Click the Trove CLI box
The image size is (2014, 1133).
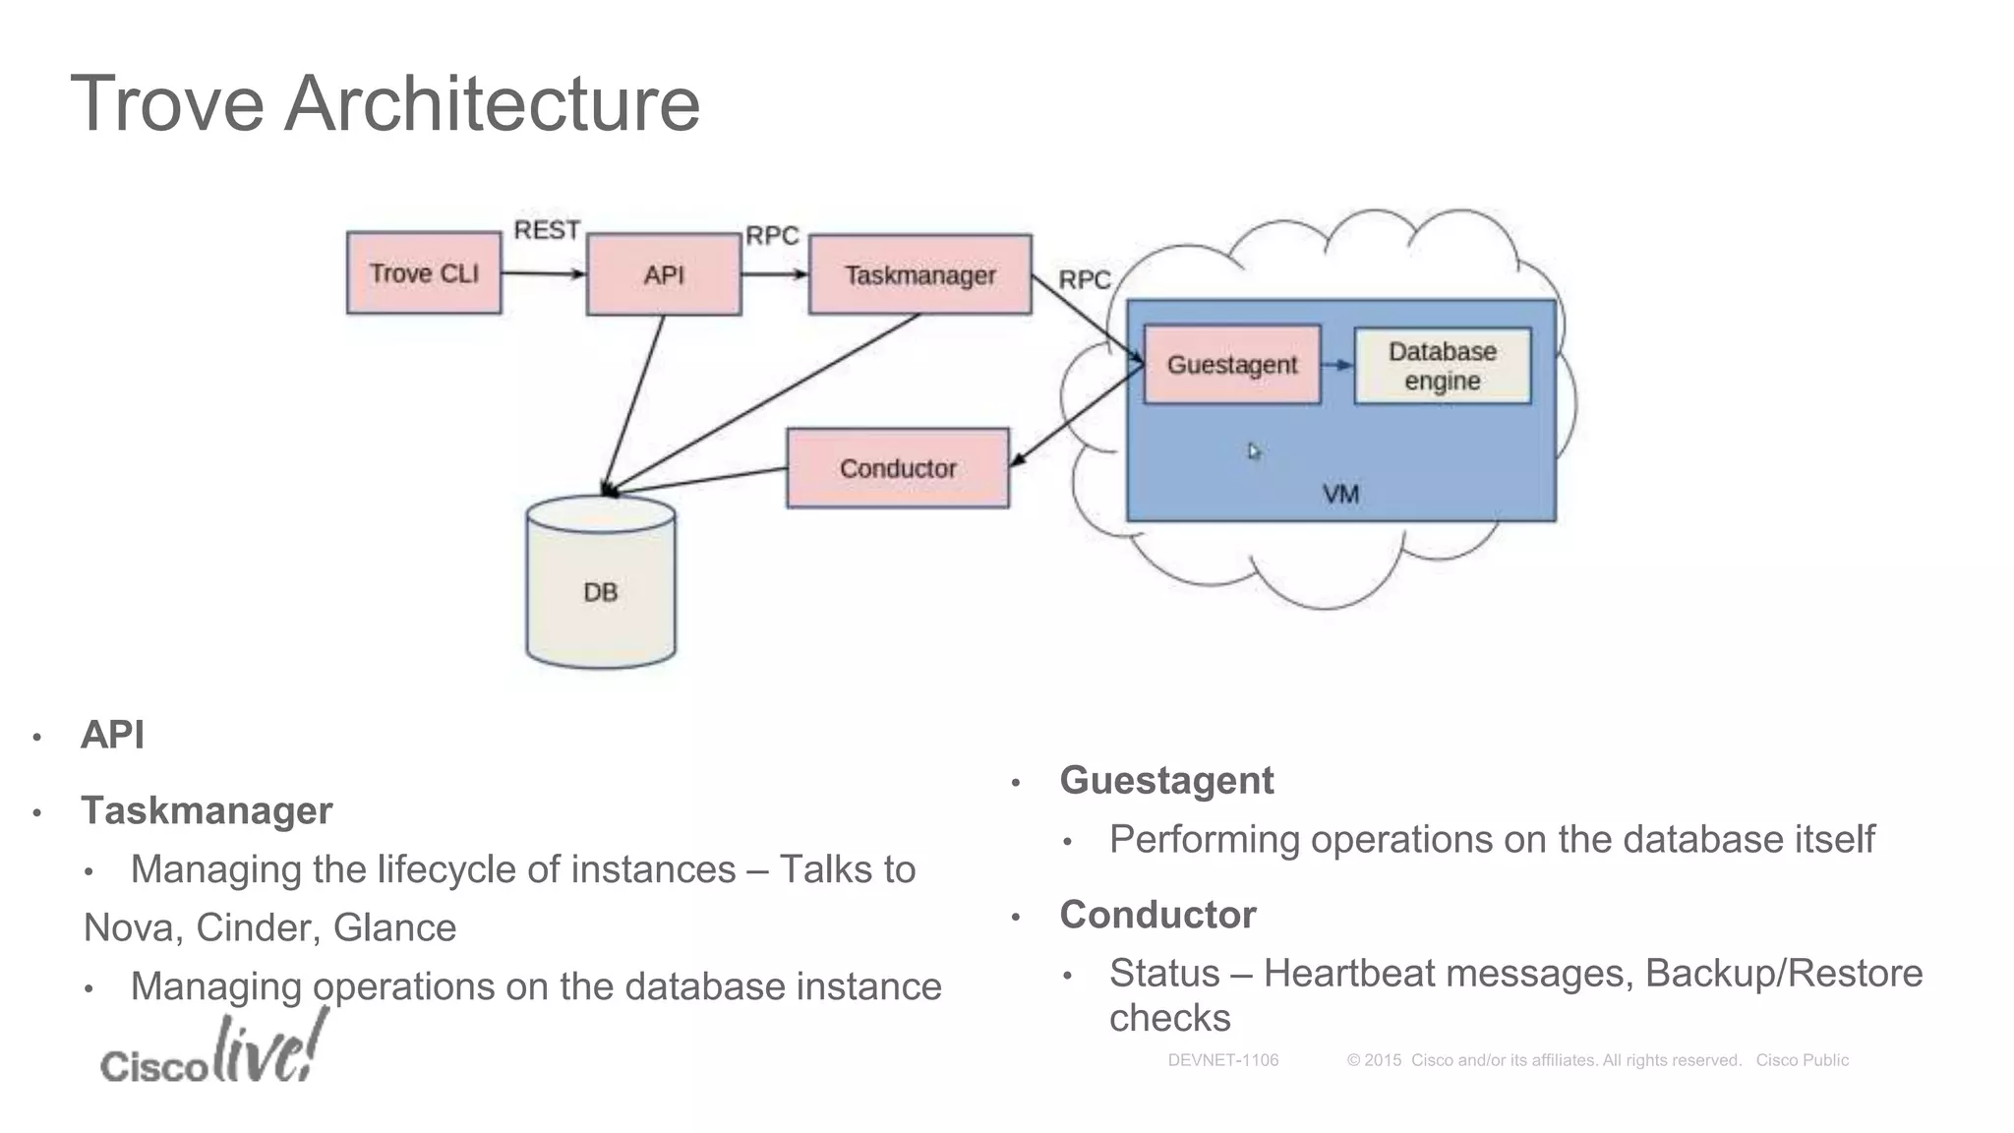[x=424, y=273]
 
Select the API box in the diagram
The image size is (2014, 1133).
[x=664, y=274]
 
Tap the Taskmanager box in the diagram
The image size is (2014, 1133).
[x=919, y=274]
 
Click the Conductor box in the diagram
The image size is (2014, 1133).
[x=898, y=468]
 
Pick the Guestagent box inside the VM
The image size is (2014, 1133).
[x=1232, y=365]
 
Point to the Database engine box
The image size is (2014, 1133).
[x=1442, y=366]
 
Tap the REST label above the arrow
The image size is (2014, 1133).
[x=547, y=230]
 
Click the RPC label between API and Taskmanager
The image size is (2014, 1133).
[x=772, y=236]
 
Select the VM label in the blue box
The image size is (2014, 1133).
[x=1340, y=494]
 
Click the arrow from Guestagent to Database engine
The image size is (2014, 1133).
[x=1337, y=365]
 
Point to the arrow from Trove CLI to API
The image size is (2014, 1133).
[x=543, y=273]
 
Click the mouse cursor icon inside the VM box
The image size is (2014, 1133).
[x=1254, y=451]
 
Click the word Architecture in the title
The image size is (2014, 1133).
[x=492, y=103]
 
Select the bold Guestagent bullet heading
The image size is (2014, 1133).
[x=1166, y=780]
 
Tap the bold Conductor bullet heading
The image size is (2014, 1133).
[x=1157, y=915]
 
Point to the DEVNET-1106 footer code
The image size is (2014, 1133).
[x=1222, y=1060]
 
